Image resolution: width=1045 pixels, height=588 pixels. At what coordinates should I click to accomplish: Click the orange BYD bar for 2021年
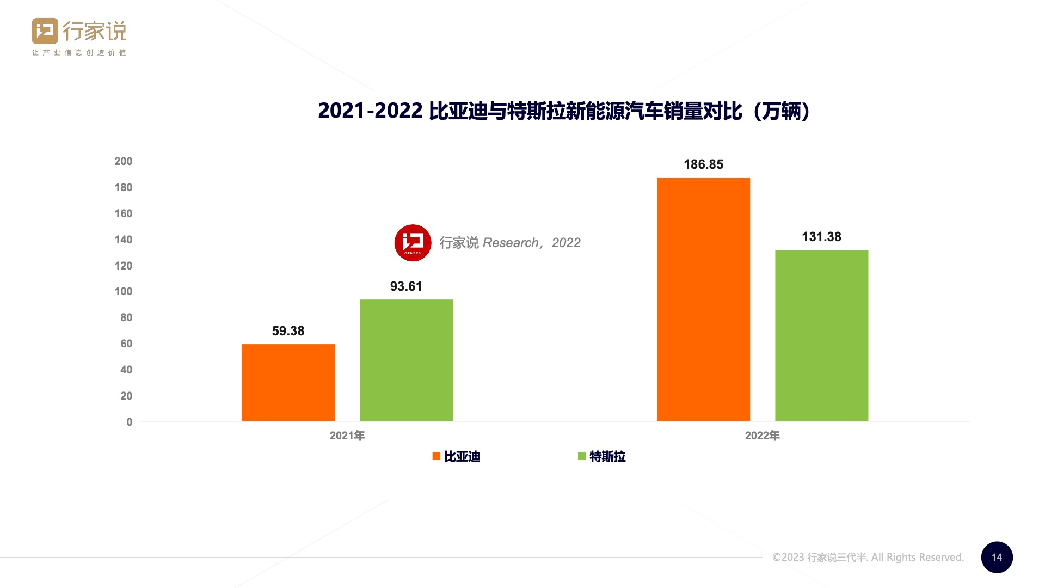[288, 382]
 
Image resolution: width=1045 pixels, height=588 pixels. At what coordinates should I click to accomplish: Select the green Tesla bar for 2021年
[406, 360]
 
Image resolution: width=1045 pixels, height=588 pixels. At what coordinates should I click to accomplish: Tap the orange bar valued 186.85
[703, 299]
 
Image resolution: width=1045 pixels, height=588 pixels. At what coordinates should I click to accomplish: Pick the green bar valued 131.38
[821, 335]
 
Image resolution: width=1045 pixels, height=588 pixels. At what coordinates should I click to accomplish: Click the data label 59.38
[288, 331]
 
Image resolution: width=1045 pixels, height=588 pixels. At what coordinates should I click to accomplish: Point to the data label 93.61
[406, 286]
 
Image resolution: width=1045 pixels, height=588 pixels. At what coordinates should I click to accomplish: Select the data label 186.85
[703, 164]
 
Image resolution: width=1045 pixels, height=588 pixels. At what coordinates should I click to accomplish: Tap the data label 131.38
[821, 237]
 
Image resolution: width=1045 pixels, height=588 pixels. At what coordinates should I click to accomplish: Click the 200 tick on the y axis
[124, 161]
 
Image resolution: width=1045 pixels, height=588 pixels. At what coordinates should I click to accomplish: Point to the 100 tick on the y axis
[124, 291]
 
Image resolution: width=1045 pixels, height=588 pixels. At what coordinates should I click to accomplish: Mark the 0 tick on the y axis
[130, 422]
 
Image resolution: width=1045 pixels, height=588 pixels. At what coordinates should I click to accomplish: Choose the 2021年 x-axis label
[347, 436]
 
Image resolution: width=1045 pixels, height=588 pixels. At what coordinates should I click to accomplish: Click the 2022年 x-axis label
[762, 436]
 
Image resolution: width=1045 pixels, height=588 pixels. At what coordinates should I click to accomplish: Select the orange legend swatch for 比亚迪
[436, 456]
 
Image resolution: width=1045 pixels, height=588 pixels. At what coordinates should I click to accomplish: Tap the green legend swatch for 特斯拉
[581, 456]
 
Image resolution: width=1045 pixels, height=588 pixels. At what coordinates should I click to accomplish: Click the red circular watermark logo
[413, 243]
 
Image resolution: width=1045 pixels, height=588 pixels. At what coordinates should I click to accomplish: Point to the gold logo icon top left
[45, 31]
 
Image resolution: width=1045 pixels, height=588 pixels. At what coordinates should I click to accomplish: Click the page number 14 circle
[997, 557]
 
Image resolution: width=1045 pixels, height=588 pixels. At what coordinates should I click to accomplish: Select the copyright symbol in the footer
[777, 558]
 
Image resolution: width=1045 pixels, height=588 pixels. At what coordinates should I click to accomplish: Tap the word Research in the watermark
[510, 243]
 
